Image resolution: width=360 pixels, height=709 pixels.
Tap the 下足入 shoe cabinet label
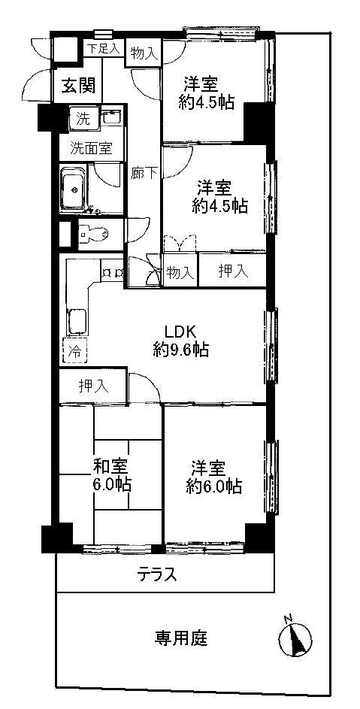[x=103, y=49]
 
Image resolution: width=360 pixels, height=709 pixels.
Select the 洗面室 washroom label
[x=91, y=148]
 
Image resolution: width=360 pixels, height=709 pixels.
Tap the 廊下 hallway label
[x=144, y=172]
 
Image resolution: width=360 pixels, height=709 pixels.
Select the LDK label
[x=181, y=330]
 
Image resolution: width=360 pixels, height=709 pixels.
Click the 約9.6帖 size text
[x=180, y=349]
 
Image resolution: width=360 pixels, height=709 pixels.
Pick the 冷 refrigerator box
[x=74, y=350]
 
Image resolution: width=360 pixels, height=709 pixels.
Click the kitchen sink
[x=76, y=322]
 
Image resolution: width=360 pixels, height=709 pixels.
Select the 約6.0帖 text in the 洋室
[x=214, y=486]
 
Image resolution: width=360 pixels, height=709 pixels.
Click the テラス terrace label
[x=157, y=575]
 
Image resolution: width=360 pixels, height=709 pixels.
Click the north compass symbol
[x=294, y=640]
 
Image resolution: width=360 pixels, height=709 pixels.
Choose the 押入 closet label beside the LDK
[x=94, y=386]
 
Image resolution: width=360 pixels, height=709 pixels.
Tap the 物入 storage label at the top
[x=143, y=53]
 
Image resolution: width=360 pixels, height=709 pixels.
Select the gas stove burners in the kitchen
[x=113, y=273]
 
